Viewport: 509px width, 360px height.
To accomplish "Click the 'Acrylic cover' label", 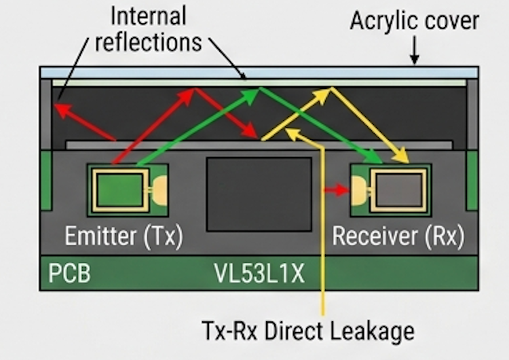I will tap(414, 21).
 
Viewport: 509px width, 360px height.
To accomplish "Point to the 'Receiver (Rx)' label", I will tap(398, 236).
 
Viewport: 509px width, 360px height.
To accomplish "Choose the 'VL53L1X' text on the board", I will tap(259, 275).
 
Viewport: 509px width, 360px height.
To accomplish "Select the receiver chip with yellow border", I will tap(397, 190).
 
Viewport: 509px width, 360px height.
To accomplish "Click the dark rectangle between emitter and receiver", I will tap(259, 194).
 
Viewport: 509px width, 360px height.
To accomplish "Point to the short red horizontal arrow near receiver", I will tap(335, 190).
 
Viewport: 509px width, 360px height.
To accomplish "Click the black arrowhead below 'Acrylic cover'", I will tap(415, 60).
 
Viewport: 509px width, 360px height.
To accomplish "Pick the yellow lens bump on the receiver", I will tap(358, 190).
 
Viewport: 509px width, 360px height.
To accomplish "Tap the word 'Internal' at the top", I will tap(148, 16).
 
